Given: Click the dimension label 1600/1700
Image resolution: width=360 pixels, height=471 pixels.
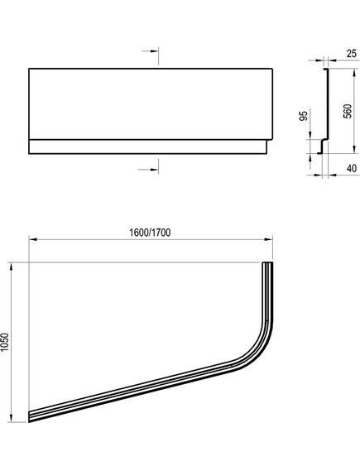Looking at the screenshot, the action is click(150, 233).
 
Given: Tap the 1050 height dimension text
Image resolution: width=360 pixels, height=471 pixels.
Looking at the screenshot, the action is click(5, 343).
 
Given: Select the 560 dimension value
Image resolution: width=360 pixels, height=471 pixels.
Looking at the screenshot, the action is click(347, 111).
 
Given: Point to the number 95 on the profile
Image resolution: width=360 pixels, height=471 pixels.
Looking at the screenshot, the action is click(305, 116).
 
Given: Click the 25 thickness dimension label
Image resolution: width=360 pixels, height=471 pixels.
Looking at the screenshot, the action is click(351, 54).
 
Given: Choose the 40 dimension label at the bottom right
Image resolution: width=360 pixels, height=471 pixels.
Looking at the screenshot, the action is click(352, 168).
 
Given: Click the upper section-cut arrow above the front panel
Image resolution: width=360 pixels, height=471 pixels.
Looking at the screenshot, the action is click(150, 51).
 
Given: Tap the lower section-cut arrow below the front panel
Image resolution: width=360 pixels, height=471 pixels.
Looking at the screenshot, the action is click(148, 170).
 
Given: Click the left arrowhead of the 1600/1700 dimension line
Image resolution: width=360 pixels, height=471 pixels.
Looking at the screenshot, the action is click(33, 239).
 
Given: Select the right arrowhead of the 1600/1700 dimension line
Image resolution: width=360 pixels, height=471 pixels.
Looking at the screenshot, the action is click(269, 239).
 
